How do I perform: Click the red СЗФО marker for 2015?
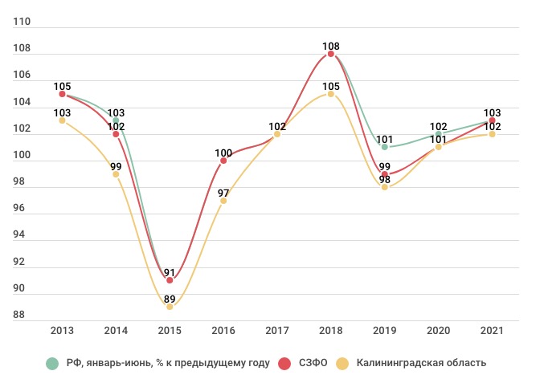pos(170,280)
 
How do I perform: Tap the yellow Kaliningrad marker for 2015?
pos(170,307)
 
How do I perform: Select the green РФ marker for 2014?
pos(116,120)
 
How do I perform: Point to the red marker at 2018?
pos(331,54)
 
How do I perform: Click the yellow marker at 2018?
pos(331,94)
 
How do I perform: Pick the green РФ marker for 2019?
pos(385,147)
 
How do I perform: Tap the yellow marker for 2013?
pos(62,120)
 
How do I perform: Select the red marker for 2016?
pos(223,161)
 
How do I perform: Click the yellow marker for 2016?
pos(223,200)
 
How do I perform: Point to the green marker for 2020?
pos(439,134)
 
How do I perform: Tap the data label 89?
pos(170,298)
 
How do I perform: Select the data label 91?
pos(170,271)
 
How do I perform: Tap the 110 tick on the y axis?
pos(22,22)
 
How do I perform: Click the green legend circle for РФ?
pos(53,363)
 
